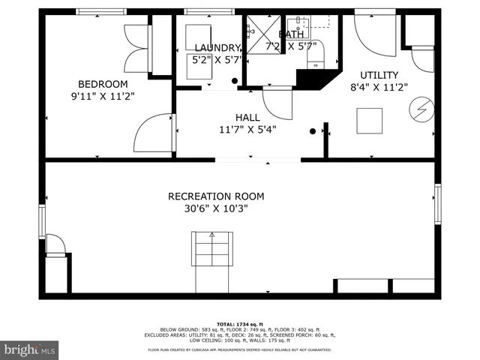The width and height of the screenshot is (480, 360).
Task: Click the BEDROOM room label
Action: coord(103,84)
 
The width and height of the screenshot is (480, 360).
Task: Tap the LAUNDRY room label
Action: coord(216,47)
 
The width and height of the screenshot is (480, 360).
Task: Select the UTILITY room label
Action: coord(379,75)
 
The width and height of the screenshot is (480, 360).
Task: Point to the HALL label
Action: coord(247,117)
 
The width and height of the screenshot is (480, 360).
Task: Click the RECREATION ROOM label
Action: coord(216,196)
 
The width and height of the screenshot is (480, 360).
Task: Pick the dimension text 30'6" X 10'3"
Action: coord(216,208)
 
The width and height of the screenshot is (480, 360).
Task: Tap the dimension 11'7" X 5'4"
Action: coord(247,129)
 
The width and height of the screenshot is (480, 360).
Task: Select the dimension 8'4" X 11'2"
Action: coord(379,87)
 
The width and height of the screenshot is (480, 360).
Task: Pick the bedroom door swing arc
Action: coord(154,133)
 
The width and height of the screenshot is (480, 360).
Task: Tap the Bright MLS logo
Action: coord(30,349)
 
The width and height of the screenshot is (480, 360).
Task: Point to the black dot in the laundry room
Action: coord(235,80)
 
